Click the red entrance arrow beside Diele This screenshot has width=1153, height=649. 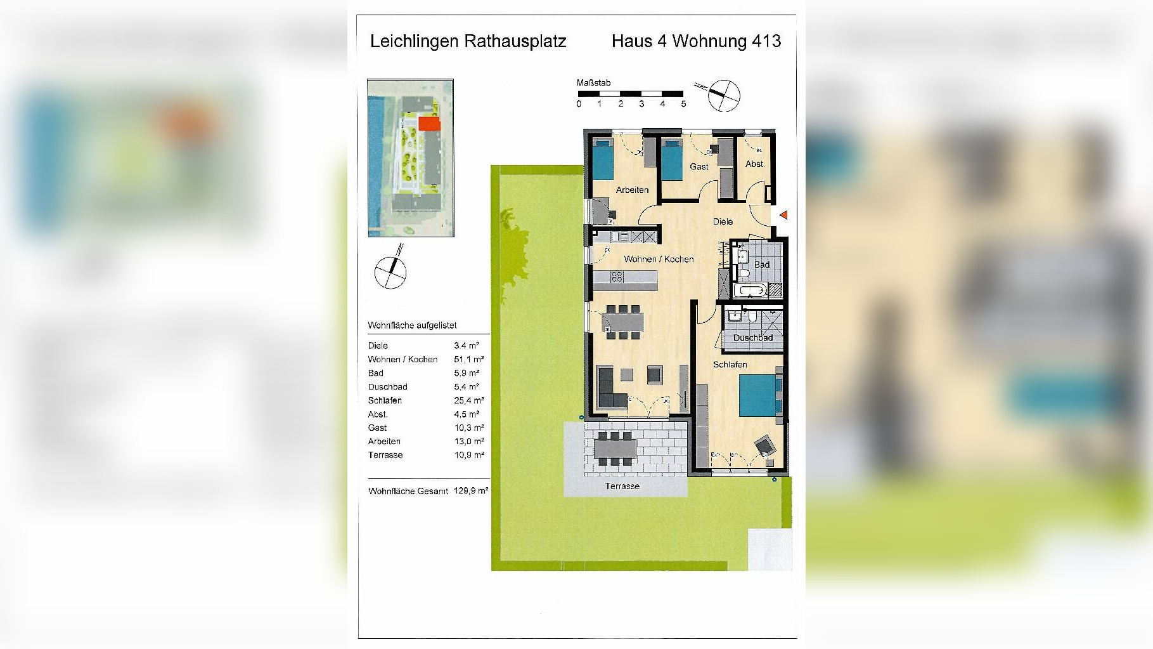coord(783,215)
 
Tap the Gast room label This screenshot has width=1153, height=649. coord(699,167)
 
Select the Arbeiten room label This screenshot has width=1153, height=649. coord(632,190)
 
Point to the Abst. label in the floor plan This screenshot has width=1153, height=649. coord(754,164)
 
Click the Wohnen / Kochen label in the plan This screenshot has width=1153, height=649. coord(659,259)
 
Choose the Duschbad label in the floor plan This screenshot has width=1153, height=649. coord(752,338)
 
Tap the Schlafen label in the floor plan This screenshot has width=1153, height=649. coord(730,365)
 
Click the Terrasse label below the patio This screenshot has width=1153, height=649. coord(622,486)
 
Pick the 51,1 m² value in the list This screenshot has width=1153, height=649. coord(468,359)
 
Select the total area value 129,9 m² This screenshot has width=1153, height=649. coord(470,490)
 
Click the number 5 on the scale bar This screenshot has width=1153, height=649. coord(683,104)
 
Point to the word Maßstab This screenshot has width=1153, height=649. coord(593,83)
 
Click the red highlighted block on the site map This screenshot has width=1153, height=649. coord(429,124)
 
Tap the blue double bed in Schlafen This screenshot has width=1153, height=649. coord(757,395)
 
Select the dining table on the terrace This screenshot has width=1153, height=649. coord(614,449)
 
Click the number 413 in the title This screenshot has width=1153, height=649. coord(766,41)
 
